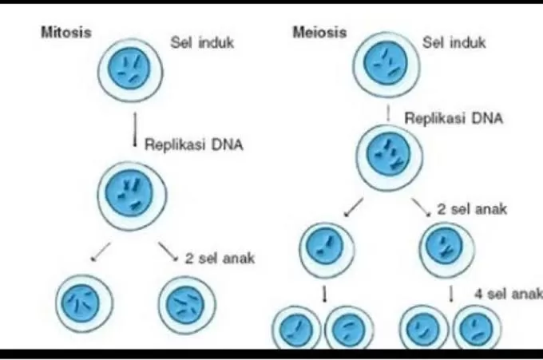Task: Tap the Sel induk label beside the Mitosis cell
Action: point(202,42)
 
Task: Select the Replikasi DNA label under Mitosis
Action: point(194,145)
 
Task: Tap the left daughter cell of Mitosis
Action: point(85,303)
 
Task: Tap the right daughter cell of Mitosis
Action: point(188,303)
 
